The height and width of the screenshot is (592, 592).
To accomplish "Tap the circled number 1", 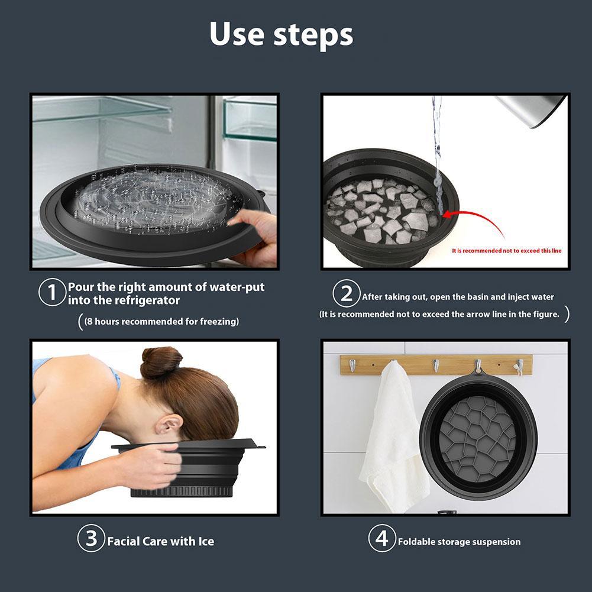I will [52, 292].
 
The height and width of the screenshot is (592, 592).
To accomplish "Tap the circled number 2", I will [347, 294].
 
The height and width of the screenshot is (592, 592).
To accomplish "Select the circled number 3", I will [91, 539].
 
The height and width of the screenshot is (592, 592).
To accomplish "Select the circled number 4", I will [382, 539].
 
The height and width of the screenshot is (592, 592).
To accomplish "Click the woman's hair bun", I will [161, 362].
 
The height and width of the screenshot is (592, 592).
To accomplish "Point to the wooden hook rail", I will [436, 364].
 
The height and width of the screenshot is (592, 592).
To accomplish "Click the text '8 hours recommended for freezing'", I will [160, 322].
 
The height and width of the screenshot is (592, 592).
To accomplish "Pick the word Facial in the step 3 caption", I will [123, 541].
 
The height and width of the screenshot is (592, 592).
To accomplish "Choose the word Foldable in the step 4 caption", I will [417, 542].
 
